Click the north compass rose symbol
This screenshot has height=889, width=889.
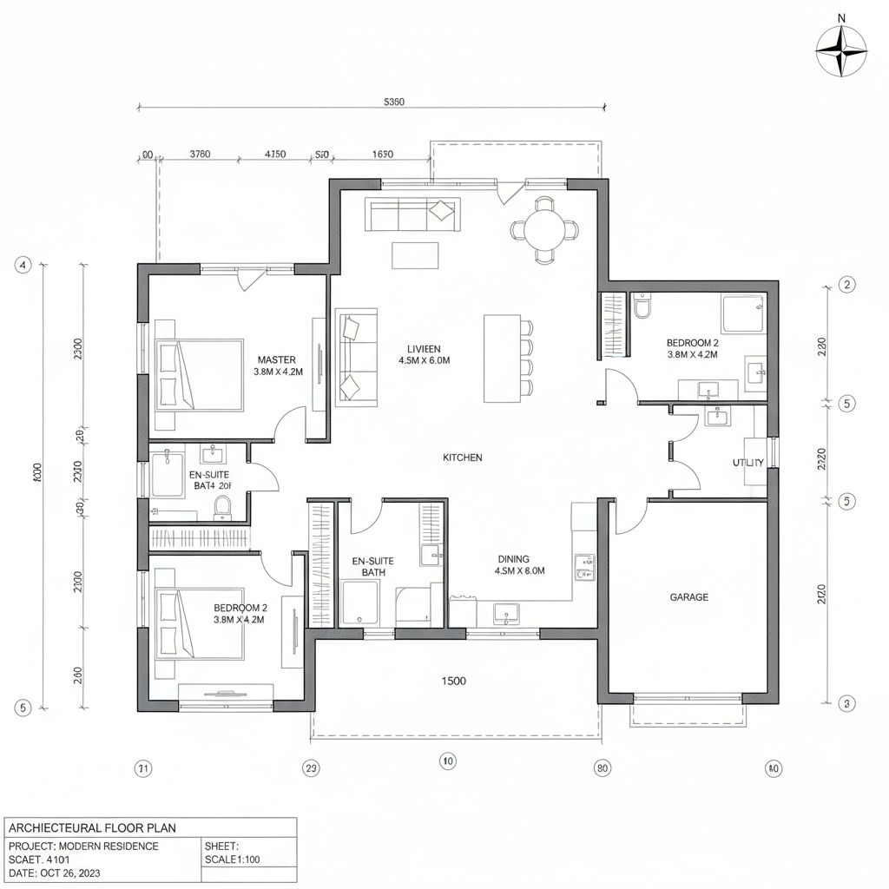[841, 50]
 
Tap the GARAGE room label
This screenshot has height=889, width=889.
[688, 597]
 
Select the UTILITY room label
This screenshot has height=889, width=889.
[747, 463]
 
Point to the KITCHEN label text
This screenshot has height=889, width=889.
[462, 458]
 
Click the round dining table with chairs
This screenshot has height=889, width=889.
[544, 230]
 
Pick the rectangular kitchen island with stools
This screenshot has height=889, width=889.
[500, 358]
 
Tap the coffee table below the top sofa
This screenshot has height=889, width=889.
[415, 255]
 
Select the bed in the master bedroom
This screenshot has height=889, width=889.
[199, 374]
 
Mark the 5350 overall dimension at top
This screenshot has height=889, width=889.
[393, 102]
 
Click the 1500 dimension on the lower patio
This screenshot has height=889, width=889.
[453, 681]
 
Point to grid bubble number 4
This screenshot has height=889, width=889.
[23, 266]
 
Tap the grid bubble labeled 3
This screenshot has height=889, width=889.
[847, 703]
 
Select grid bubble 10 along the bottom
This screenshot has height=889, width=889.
[447, 761]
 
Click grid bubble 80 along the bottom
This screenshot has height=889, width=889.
[602, 767]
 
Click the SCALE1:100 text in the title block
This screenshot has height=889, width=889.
[233, 859]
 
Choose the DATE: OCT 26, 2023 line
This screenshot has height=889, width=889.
[58, 873]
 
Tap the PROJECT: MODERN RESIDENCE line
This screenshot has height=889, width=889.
[83, 846]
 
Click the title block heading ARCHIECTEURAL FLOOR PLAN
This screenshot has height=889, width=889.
[91, 827]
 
